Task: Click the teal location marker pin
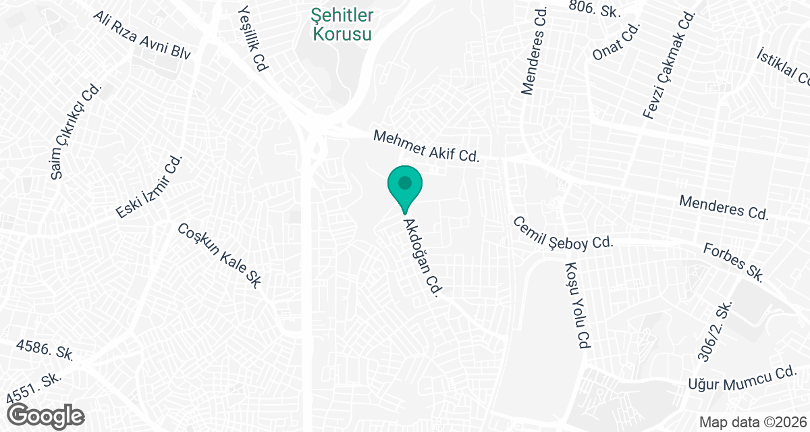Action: [x=404, y=186]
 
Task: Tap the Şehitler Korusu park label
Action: [x=342, y=24]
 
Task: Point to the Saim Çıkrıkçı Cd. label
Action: [x=76, y=132]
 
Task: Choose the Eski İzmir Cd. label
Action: [x=149, y=187]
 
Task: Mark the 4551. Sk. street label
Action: [x=32, y=387]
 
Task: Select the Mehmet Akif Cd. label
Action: [x=426, y=146]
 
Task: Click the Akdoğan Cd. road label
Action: [x=422, y=256]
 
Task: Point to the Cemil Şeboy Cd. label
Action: [x=562, y=233]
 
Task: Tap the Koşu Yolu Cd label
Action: [x=576, y=305]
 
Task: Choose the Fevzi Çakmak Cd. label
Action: [x=669, y=66]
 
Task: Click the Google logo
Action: [x=46, y=414]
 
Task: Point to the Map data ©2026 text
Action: [x=751, y=422]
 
